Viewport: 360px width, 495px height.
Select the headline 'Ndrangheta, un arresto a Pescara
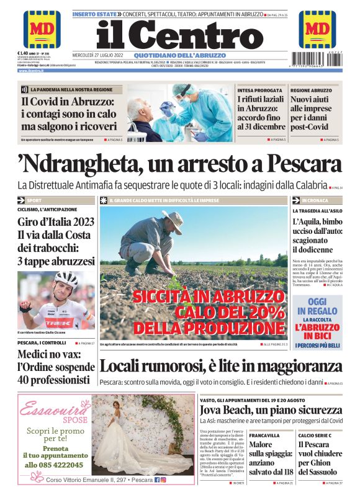tap(180, 165)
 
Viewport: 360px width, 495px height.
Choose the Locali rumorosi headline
tap(220, 365)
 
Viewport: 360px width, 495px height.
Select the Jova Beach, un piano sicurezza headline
tap(270, 410)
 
